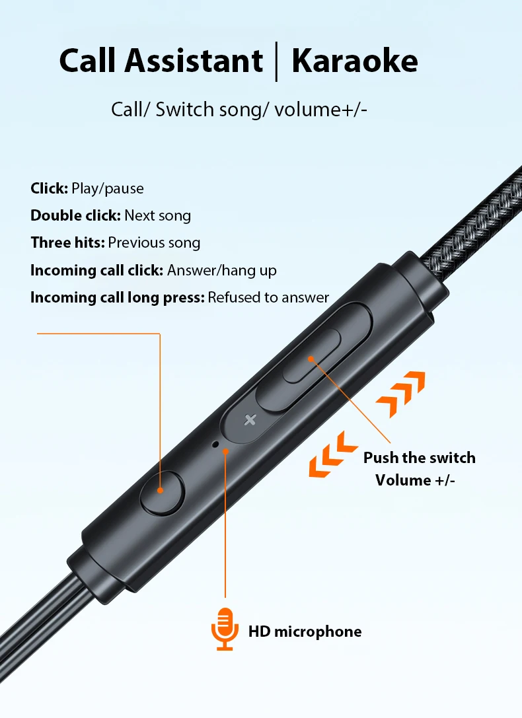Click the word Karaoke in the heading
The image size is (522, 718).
[355, 61]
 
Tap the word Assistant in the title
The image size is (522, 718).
[194, 61]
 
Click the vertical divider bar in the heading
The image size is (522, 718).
[276, 61]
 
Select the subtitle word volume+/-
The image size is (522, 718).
[320, 110]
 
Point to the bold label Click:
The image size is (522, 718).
[50, 188]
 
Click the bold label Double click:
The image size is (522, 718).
[75, 215]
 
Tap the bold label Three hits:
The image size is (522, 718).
[68, 242]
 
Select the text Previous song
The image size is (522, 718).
[155, 242]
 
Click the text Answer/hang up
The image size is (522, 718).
[221, 270]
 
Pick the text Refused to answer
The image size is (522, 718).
[268, 297]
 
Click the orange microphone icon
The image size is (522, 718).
[225, 629]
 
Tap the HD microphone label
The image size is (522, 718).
[305, 631]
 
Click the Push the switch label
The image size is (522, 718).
[420, 458]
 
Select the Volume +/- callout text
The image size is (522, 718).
[416, 480]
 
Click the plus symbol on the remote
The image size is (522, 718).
[250, 419]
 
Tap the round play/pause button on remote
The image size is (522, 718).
[162, 493]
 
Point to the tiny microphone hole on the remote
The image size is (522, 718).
[215, 444]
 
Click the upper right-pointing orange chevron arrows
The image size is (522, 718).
[400, 394]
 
